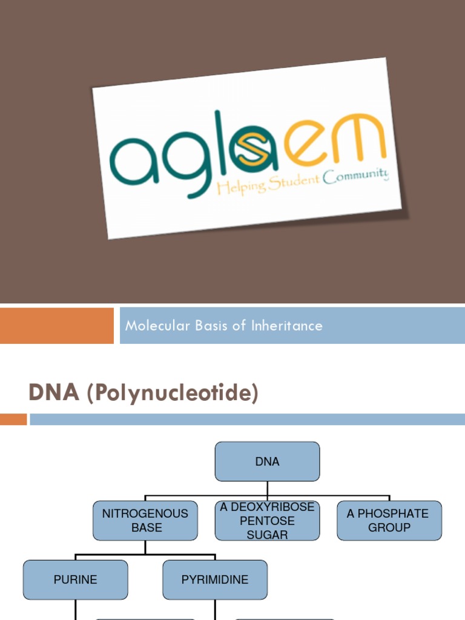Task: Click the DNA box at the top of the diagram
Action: click(x=267, y=461)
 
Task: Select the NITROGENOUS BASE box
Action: click(x=145, y=520)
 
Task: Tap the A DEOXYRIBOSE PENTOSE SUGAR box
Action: click(x=267, y=521)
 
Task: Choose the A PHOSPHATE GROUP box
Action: click(x=389, y=520)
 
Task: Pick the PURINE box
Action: click(x=75, y=579)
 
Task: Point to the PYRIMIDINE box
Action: click(x=215, y=579)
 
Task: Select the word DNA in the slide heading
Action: click(x=54, y=393)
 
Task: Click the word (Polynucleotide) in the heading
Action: click(x=172, y=394)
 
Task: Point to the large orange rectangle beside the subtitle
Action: click(x=56, y=326)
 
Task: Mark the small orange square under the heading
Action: click(x=13, y=419)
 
